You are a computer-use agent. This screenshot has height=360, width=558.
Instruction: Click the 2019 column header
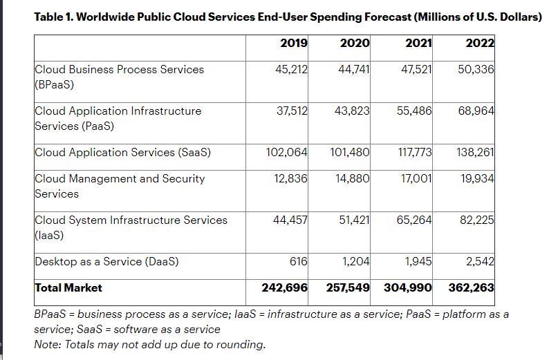click(294, 43)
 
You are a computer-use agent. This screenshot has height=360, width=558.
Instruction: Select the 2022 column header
click(480, 43)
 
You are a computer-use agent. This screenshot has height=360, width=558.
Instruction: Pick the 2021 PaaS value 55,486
click(414, 111)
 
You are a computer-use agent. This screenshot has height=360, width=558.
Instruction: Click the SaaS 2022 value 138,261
click(476, 152)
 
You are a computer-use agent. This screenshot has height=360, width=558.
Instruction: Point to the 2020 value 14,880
click(353, 178)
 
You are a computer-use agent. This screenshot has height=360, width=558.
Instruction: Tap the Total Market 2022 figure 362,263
click(472, 287)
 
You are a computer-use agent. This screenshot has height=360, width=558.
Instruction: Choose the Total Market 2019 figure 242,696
click(285, 287)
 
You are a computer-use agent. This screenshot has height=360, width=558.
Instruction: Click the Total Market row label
click(68, 287)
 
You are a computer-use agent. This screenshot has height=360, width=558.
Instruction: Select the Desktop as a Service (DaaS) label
click(106, 261)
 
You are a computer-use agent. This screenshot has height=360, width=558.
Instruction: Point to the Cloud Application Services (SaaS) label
click(122, 152)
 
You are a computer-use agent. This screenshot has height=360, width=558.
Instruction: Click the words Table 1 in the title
click(53, 17)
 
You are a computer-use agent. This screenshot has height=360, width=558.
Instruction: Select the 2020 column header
click(355, 43)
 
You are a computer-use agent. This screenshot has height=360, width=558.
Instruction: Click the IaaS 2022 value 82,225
click(477, 220)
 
